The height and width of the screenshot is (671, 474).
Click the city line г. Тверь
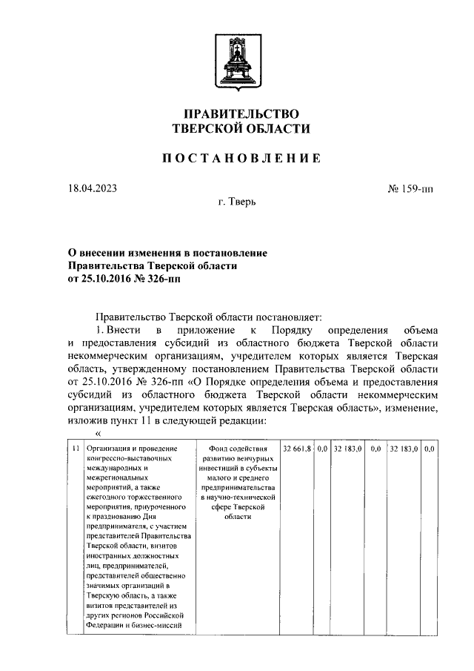(x=237, y=202)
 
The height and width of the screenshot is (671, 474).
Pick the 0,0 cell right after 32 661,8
(x=322, y=449)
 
